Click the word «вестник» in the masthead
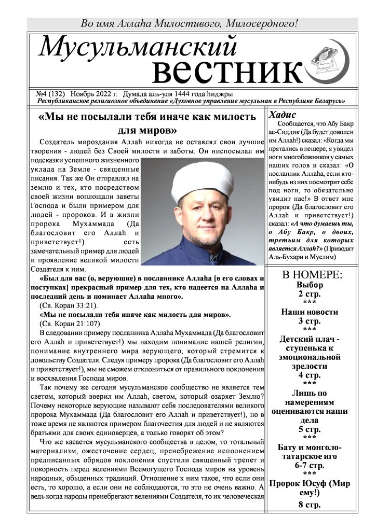coord(228,72)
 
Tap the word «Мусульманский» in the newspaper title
coord(138,48)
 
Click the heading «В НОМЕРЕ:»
coord(312,275)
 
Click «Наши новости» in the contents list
coord(310,312)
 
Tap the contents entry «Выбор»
coord(310,285)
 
